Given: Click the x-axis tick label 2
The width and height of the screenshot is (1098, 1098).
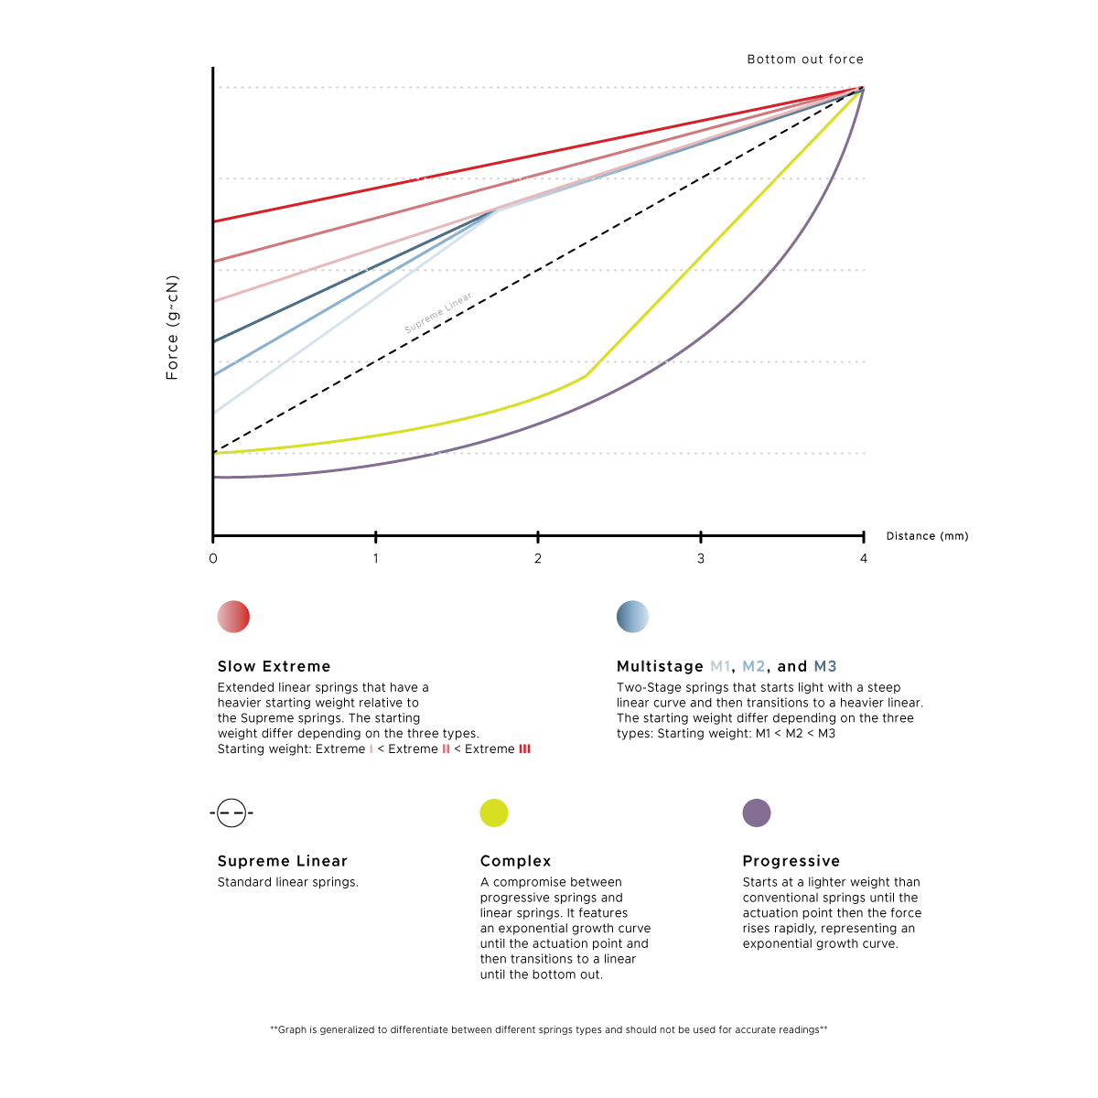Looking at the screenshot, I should pyautogui.click(x=538, y=558).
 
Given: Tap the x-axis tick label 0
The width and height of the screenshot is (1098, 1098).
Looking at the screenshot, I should pyautogui.click(x=213, y=558).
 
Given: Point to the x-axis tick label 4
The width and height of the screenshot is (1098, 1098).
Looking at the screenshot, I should pyautogui.click(x=863, y=558).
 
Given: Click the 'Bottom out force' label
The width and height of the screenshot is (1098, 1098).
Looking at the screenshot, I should pyautogui.click(x=805, y=59).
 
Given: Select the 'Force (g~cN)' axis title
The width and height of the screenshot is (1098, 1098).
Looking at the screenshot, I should pyautogui.click(x=172, y=328).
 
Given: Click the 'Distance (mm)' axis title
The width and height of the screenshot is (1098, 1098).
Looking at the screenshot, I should pyautogui.click(x=927, y=536).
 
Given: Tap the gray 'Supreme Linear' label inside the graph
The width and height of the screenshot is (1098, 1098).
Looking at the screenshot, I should pyautogui.click(x=438, y=314).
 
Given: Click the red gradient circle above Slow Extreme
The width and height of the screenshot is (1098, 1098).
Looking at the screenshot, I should pyautogui.click(x=233, y=617).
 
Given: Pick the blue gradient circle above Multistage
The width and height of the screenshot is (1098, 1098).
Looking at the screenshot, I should pyautogui.click(x=632, y=617).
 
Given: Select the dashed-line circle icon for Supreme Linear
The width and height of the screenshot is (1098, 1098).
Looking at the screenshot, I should pyautogui.click(x=231, y=813).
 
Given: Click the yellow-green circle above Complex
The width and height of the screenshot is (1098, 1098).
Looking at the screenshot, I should pyautogui.click(x=494, y=813).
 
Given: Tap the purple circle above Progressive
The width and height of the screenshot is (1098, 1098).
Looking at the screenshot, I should pyautogui.click(x=757, y=813).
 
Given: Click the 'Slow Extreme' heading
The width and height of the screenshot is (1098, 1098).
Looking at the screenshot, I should pyautogui.click(x=274, y=666).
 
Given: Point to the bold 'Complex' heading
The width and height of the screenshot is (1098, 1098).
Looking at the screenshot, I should pyautogui.click(x=515, y=861).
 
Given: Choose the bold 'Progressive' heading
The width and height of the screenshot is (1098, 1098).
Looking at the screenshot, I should pyautogui.click(x=791, y=861).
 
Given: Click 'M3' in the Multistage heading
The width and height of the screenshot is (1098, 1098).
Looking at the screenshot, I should pyautogui.click(x=824, y=666).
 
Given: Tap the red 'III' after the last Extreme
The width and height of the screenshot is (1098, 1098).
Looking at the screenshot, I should pyautogui.click(x=524, y=748).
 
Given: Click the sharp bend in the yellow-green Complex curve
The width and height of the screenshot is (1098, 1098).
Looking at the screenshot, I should pyautogui.click(x=586, y=375).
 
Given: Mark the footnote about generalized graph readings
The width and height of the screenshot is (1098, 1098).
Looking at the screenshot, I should pyautogui.click(x=548, y=1029).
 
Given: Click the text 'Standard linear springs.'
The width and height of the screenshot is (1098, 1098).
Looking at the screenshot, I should pyautogui.click(x=287, y=882).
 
